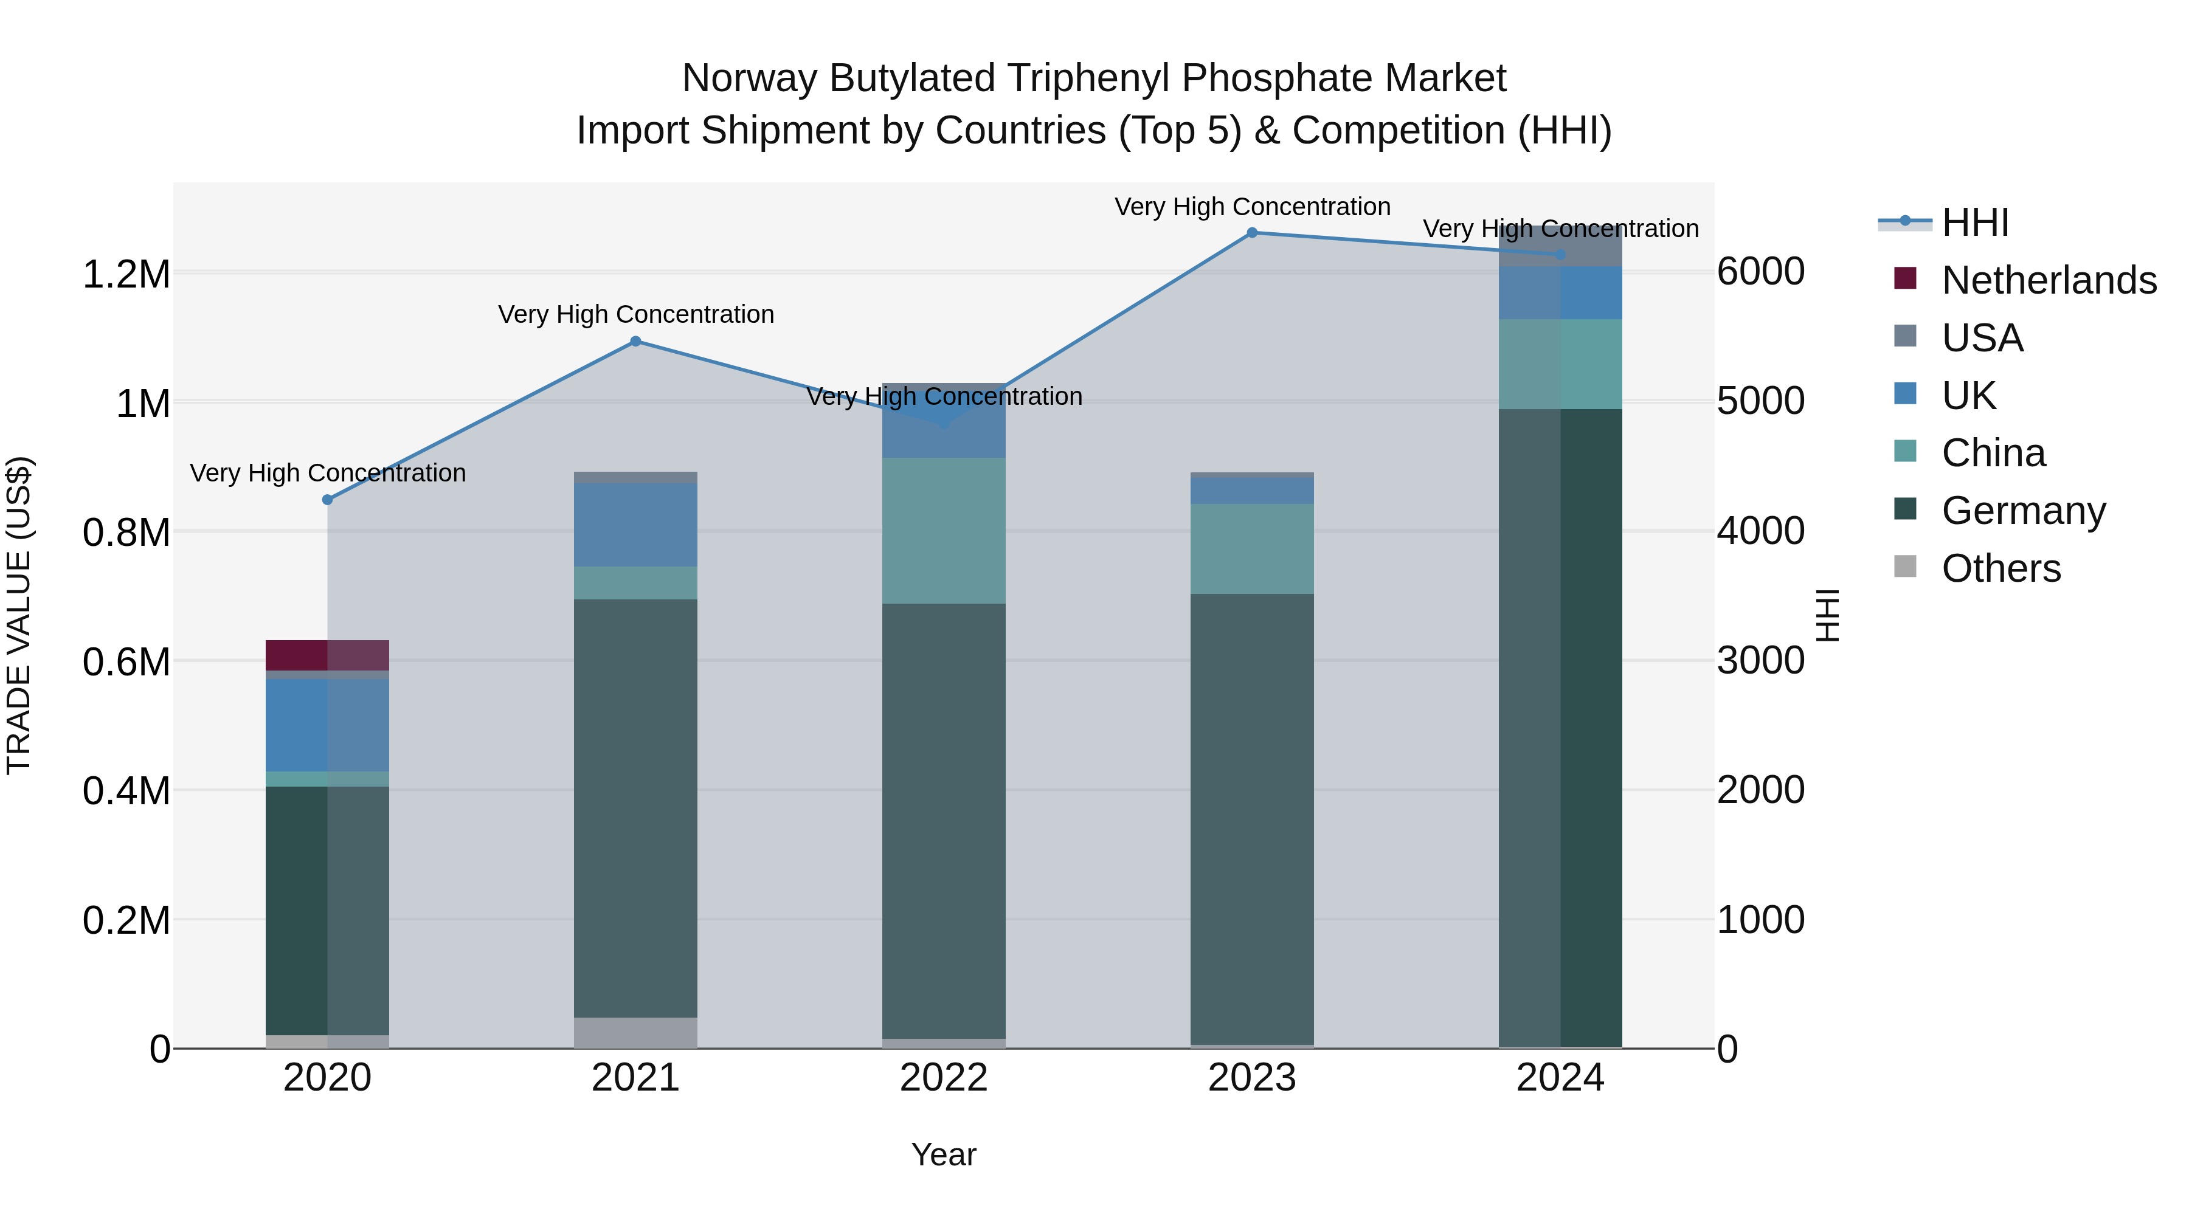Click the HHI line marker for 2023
tap(1252, 233)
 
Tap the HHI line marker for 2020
tap(327, 500)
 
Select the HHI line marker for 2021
tap(635, 342)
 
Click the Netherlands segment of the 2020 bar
tap(327, 655)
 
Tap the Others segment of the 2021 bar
tap(635, 1032)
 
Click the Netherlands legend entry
tap(2048, 280)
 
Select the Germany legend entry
tap(2022, 511)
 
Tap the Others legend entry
tap(2001, 568)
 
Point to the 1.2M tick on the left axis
tap(126, 274)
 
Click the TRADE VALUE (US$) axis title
tap(19, 615)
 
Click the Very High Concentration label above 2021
tap(635, 314)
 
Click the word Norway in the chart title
tap(750, 78)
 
